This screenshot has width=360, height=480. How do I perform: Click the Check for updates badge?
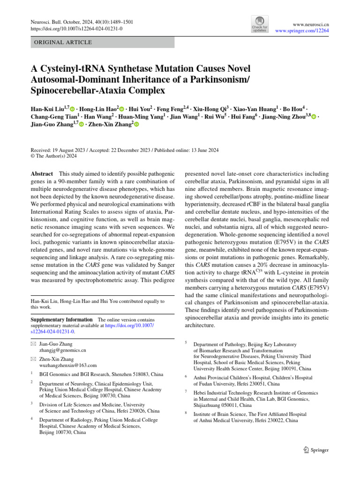[260, 23]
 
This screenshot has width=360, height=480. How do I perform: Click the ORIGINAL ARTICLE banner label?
[61, 42]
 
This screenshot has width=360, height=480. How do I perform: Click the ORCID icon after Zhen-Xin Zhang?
[137, 125]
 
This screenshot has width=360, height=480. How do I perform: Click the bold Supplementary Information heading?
[61, 319]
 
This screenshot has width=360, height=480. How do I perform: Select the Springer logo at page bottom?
[314, 450]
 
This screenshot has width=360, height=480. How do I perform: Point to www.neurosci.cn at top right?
[310, 22]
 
